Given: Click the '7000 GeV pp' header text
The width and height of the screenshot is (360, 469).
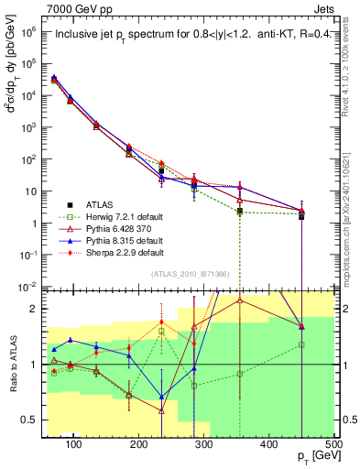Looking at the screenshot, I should coord(74,8).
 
